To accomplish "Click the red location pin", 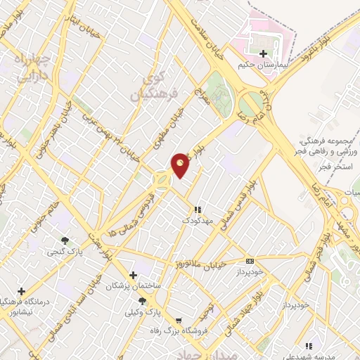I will pos(181,164).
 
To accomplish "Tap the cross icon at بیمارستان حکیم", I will pos(263,53).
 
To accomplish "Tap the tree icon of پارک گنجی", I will pos(65,240).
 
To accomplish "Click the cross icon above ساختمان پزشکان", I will pos(133,275).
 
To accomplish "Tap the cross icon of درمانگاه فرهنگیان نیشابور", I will pos(22,291).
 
